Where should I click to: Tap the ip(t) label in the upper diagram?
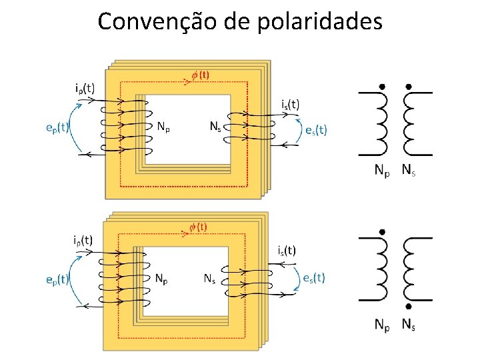click(x=84, y=87)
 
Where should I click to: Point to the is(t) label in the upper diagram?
click(x=290, y=104)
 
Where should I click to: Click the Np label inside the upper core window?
click(x=164, y=127)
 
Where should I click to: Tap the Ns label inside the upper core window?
click(x=215, y=127)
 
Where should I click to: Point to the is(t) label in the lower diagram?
click(x=287, y=251)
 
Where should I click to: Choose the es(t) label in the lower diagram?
click(x=313, y=278)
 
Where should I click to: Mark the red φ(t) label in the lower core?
click(x=198, y=227)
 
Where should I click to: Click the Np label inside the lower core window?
click(x=162, y=278)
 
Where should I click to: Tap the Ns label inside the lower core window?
click(x=211, y=279)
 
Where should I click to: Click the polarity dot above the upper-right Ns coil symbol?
click(x=408, y=87)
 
